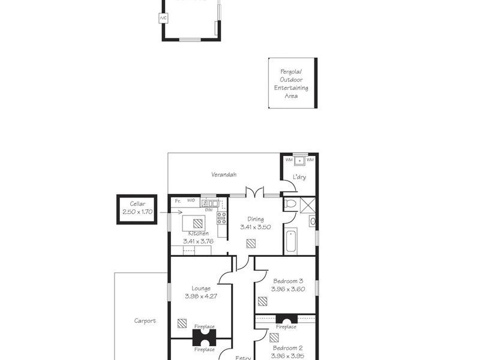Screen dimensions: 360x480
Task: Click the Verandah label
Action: [223, 175]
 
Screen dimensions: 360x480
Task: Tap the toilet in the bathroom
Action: [290, 204]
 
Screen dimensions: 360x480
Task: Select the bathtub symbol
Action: [290, 241]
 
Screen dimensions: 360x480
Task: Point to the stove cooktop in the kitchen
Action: [221, 217]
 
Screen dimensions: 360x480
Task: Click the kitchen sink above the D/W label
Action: [209, 203]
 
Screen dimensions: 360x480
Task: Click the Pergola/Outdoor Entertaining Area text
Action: [291, 83]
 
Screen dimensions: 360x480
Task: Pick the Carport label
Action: [145, 320]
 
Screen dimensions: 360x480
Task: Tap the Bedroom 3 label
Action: [288, 281]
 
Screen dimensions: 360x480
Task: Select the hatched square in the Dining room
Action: [251, 243]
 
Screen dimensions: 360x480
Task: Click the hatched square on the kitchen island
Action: [197, 222]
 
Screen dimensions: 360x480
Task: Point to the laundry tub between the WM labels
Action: [299, 161]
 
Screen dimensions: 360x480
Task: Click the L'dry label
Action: [299, 177]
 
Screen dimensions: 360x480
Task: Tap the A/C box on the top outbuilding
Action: [163, 18]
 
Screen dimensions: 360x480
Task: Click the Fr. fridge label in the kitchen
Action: [178, 200]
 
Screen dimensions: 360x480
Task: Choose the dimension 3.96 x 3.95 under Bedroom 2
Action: [288, 355]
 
